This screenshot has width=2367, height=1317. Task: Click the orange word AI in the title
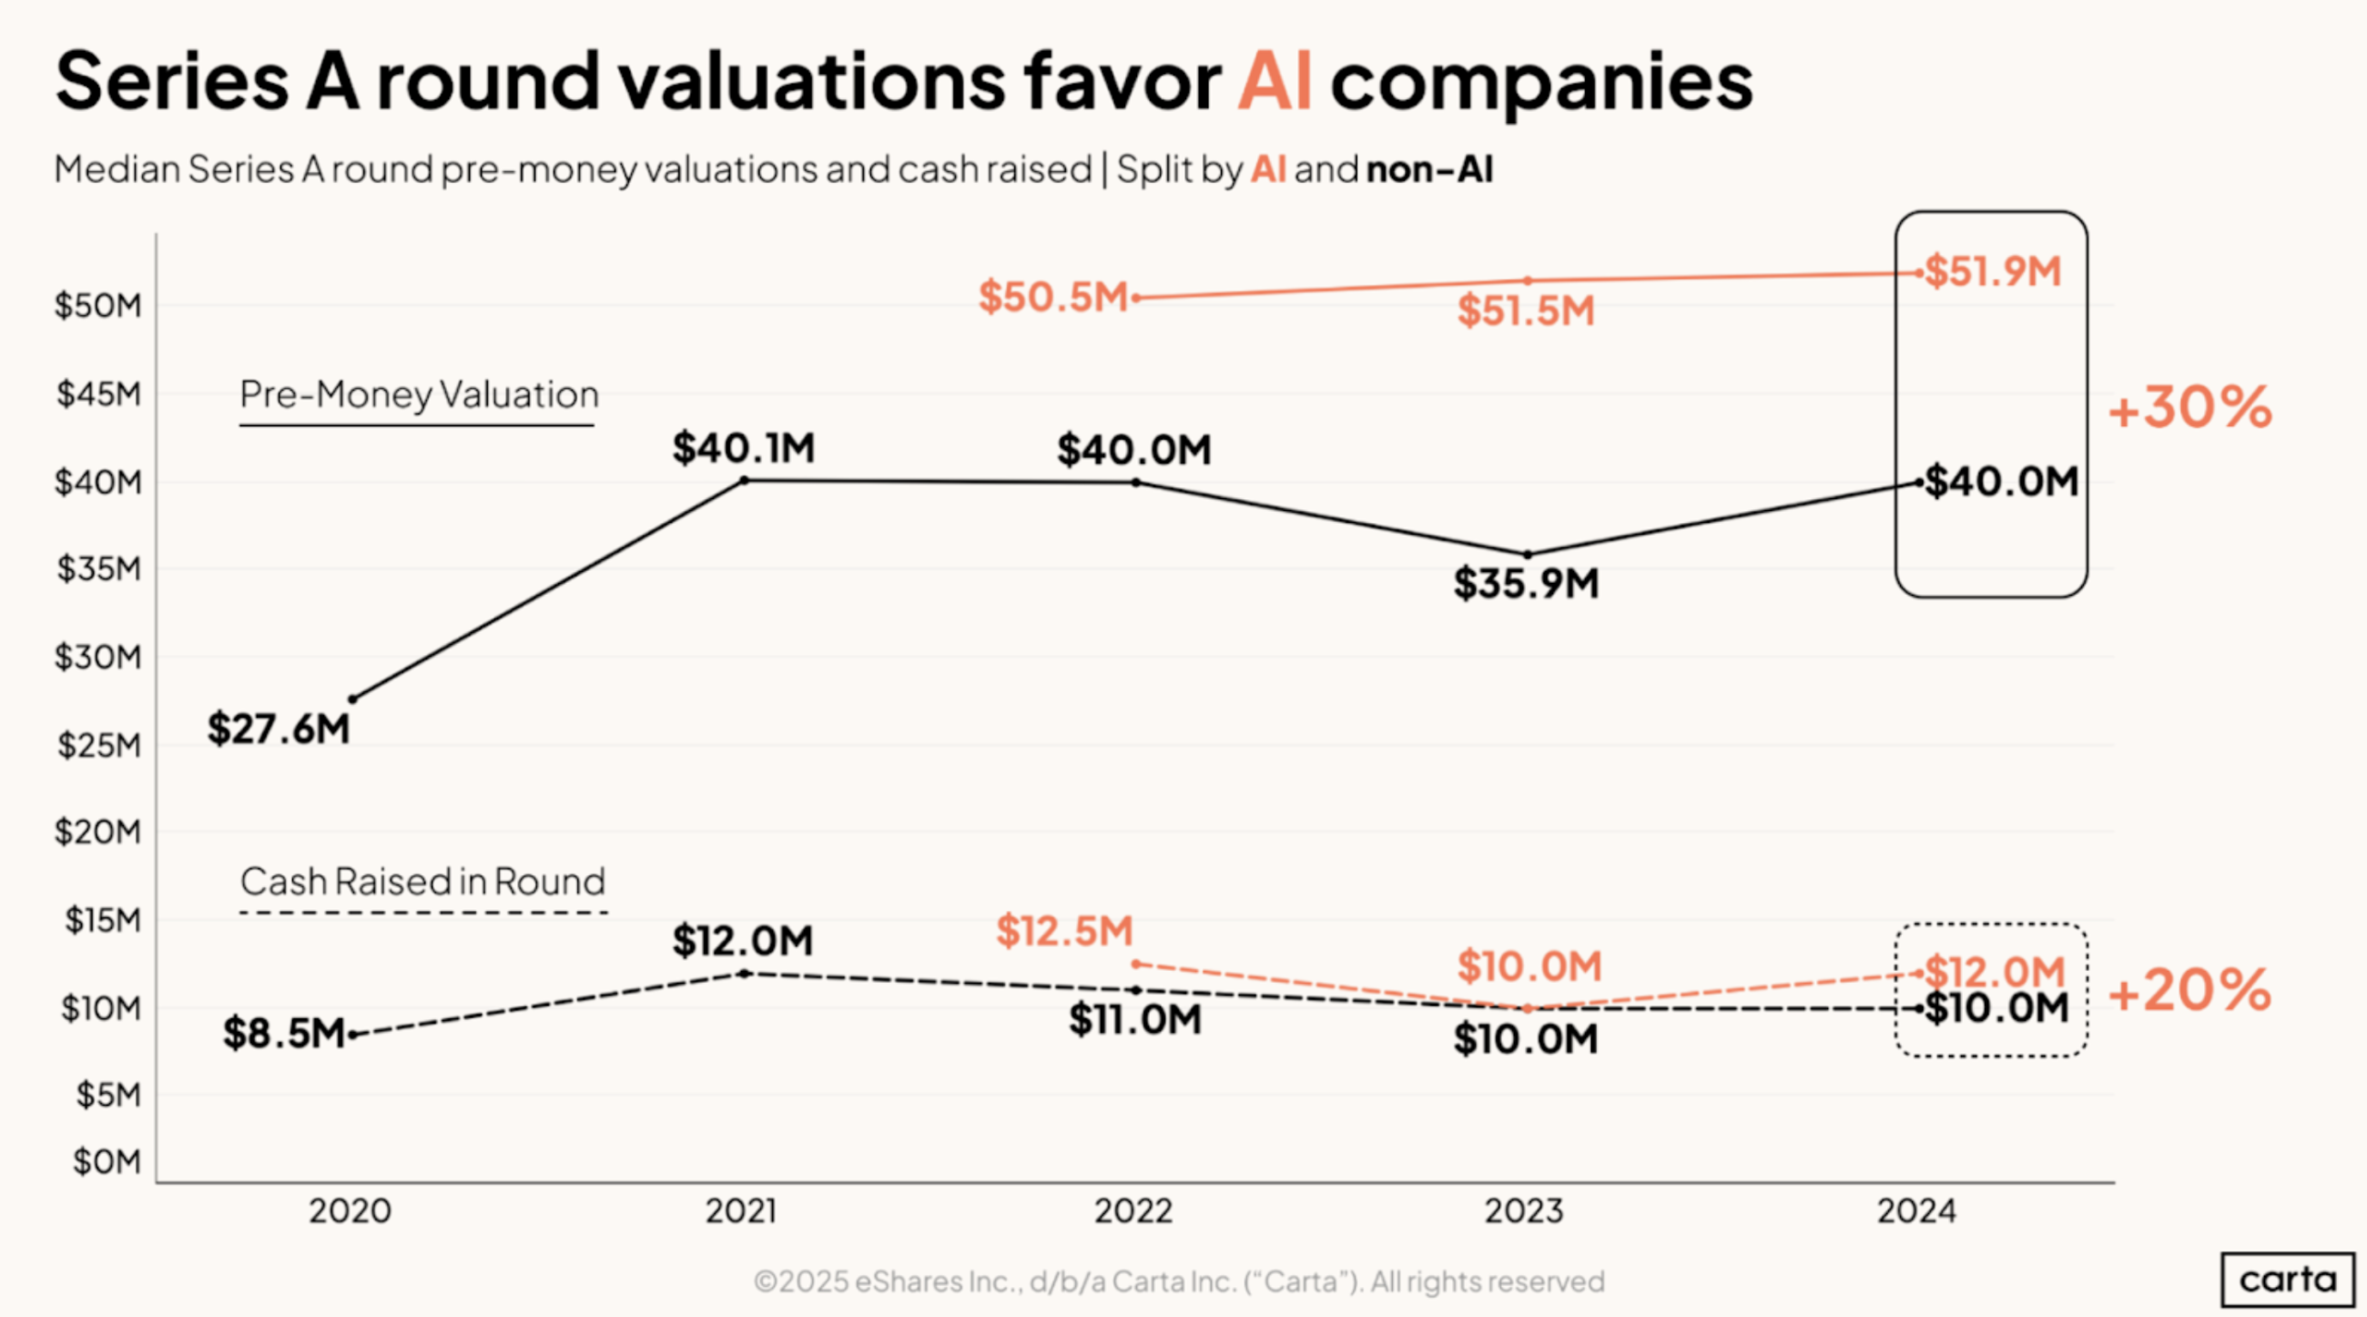[x=1275, y=81]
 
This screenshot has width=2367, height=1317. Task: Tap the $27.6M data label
[x=279, y=729]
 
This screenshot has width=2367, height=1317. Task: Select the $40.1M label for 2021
[x=744, y=448]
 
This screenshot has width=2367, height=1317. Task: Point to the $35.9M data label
[x=1526, y=584]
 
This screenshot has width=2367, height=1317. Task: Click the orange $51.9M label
[x=1993, y=272]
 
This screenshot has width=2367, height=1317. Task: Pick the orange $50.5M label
[x=1053, y=297]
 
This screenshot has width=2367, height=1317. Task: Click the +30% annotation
[x=2189, y=407]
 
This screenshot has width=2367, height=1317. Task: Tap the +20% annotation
[x=2189, y=991]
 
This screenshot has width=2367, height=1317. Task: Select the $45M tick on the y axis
[x=99, y=394]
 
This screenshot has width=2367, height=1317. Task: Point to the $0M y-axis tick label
[x=107, y=1161]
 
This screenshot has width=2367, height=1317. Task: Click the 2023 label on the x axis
[x=1524, y=1211]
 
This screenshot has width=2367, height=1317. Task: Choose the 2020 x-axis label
[x=350, y=1211]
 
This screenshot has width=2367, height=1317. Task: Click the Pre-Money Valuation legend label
[x=419, y=395]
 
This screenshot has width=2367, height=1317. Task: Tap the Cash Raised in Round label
[x=422, y=883]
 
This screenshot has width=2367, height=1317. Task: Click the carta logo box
[x=2287, y=1280]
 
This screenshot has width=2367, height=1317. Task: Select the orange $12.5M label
[x=1065, y=931]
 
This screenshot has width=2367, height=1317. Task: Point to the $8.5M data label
[x=284, y=1034]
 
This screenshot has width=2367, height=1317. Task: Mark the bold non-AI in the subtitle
[x=1429, y=170]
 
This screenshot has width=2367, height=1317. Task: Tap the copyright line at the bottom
[x=1179, y=1281]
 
